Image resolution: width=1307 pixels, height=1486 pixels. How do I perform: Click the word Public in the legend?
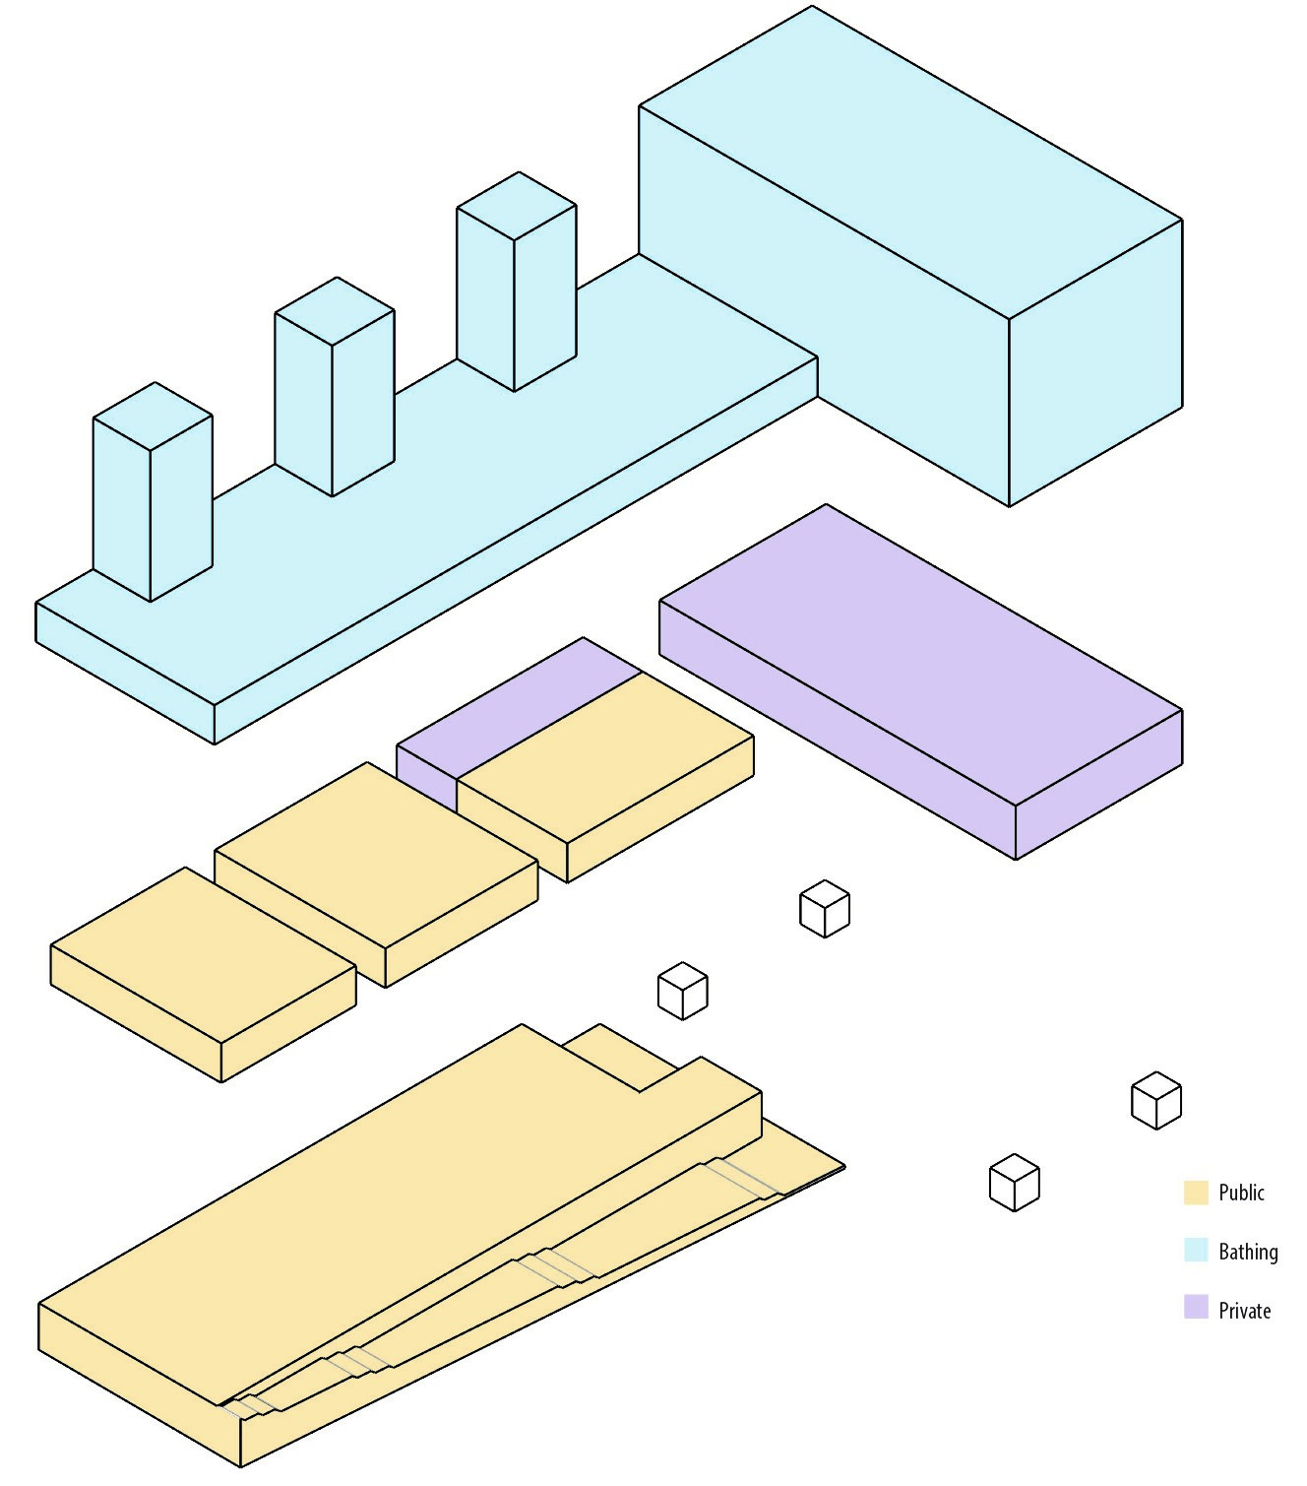(x=1241, y=1193)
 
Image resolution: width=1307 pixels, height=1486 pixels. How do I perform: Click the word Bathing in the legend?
(x=1248, y=1252)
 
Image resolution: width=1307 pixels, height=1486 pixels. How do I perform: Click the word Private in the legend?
(x=1244, y=1311)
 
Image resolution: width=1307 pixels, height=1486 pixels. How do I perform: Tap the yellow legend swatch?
(x=1196, y=1193)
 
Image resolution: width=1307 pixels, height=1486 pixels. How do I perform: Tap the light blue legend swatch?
(x=1196, y=1251)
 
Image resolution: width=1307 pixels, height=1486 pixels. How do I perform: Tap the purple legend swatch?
(x=1196, y=1308)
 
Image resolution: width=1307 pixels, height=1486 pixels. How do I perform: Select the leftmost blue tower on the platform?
(x=153, y=492)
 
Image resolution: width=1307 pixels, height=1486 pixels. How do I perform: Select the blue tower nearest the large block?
(x=516, y=283)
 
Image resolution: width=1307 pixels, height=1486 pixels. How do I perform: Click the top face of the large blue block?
(x=910, y=162)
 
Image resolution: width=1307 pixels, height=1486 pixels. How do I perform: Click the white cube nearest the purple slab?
(x=825, y=909)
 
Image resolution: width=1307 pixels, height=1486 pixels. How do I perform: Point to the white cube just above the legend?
(x=1155, y=1100)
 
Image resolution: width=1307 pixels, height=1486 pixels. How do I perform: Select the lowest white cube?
(x=1014, y=1183)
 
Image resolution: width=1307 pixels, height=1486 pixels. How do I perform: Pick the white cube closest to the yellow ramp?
(x=682, y=991)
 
